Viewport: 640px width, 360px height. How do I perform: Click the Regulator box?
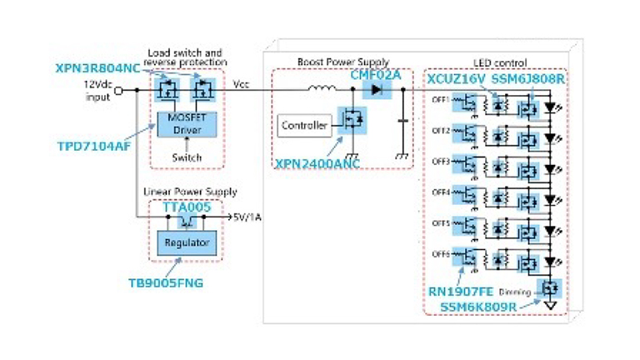185,242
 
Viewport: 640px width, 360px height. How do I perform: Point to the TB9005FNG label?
165,282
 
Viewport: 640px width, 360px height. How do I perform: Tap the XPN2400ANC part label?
317,163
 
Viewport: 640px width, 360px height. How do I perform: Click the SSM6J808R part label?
527,79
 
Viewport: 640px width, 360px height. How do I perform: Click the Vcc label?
241,83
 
